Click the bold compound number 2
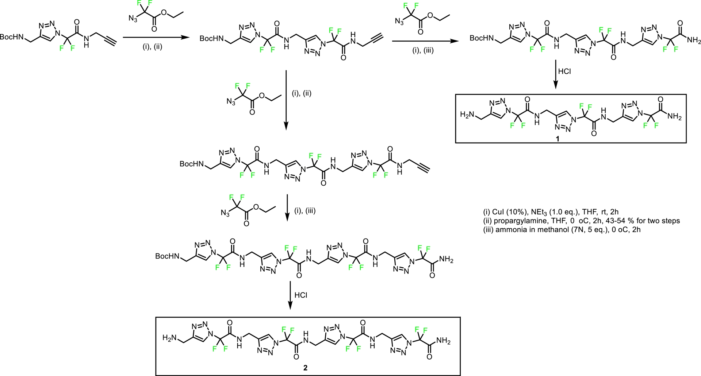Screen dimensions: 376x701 point(305,368)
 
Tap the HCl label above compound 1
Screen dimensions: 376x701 point(564,71)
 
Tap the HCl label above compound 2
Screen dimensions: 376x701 point(301,295)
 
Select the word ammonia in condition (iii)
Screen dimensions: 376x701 point(509,230)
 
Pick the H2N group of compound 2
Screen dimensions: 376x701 point(169,338)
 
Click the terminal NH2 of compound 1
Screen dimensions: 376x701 point(674,117)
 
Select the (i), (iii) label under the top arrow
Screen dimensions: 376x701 point(423,51)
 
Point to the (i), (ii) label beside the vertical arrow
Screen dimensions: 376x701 point(302,94)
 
